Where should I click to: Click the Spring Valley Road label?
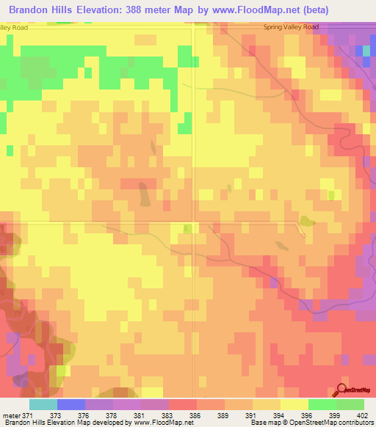292,27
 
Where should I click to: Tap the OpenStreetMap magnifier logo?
343,389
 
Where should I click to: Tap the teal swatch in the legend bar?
43,404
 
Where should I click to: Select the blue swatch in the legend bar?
70,404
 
